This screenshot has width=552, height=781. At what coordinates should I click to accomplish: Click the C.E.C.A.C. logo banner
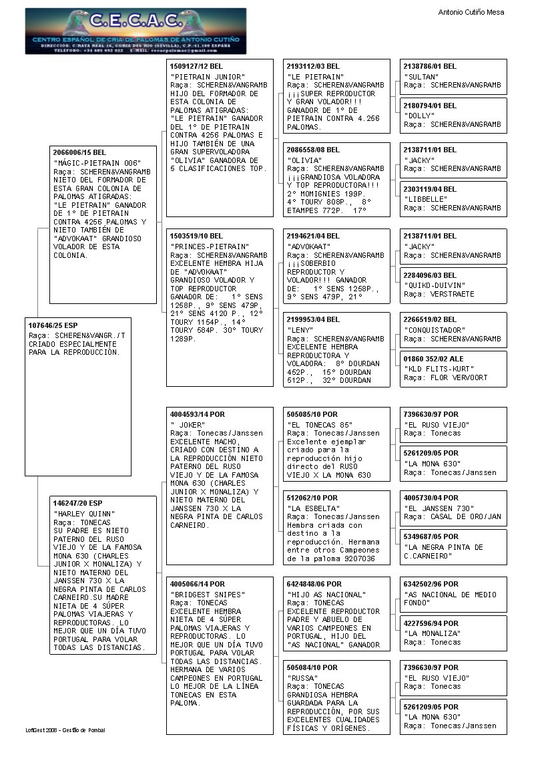click(x=135, y=31)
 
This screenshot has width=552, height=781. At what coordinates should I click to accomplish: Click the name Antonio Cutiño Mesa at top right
click(x=471, y=12)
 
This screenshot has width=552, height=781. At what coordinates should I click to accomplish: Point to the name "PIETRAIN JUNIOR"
click(x=208, y=77)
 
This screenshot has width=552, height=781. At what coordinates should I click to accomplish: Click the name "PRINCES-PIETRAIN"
click(x=210, y=246)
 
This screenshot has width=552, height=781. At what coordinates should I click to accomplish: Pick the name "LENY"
click(x=300, y=330)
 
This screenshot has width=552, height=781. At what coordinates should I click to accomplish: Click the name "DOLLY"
click(x=419, y=116)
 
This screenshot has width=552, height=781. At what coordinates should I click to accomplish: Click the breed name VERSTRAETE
click(x=453, y=294)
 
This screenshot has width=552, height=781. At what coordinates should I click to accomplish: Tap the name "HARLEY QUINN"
click(x=84, y=513)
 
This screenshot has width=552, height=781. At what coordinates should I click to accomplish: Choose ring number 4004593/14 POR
click(x=198, y=414)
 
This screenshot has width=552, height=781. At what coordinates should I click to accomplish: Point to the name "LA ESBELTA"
click(x=312, y=508)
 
